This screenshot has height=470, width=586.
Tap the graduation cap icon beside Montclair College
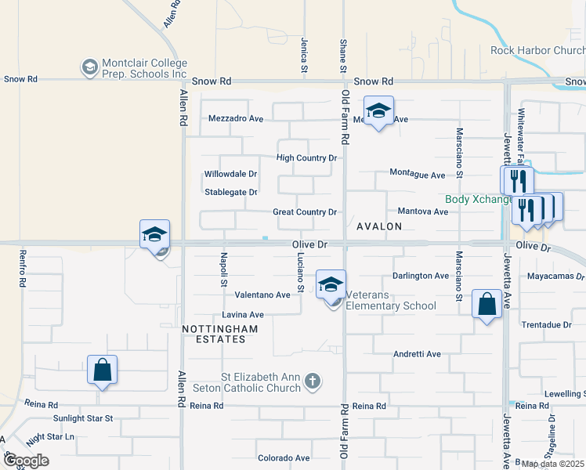pyautogui.click(x=90, y=67)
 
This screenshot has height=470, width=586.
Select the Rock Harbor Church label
pyautogui.click(x=537, y=50)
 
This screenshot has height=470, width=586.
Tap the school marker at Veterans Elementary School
pyautogui.click(x=331, y=285)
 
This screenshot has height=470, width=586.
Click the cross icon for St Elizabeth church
pyautogui.click(x=313, y=381)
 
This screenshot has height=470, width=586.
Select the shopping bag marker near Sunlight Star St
pyautogui.click(x=103, y=371)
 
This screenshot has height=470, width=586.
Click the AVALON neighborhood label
pyautogui.click(x=379, y=226)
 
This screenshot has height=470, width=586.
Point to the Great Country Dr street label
pyautogui.click(x=305, y=212)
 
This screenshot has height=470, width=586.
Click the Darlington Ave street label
pyautogui.click(x=421, y=276)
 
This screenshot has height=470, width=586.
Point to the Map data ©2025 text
pyautogui.click(x=552, y=464)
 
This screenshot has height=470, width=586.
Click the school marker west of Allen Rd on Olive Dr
pyautogui.click(x=154, y=235)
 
